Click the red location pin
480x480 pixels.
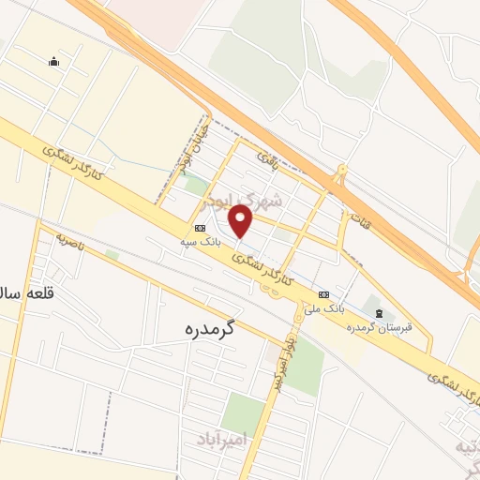[x=242, y=220]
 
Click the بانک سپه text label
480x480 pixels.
[x=202, y=241]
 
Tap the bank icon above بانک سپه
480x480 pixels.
[x=200, y=228]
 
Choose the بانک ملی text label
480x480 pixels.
[x=328, y=307]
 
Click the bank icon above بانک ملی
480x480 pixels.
[x=323, y=293]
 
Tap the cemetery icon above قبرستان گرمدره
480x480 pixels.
[x=379, y=312]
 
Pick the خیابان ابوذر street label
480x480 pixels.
[x=192, y=145]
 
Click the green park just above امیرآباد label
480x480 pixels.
[x=244, y=411]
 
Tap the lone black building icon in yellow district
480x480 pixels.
[x=54, y=62]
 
